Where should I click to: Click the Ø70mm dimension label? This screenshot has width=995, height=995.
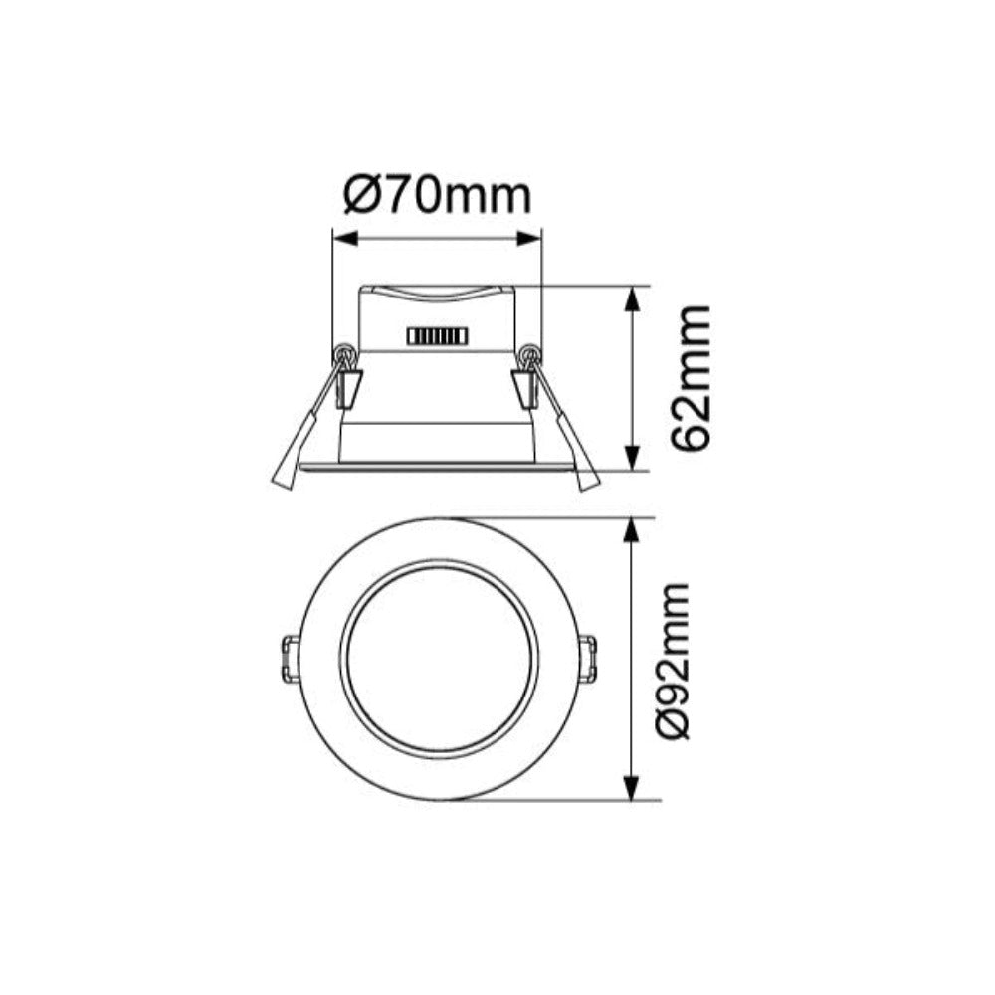(x=437, y=196)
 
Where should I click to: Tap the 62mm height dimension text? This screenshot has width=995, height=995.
(x=691, y=377)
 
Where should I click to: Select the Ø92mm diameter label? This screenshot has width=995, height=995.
(x=673, y=660)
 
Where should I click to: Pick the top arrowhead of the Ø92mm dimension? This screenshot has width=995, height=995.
(x=631, y=528)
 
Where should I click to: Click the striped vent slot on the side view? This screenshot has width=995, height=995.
(x=436, y=337)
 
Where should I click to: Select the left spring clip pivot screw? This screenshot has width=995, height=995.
(x=345, y=353)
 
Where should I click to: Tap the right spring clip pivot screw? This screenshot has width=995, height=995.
(x=530, y=353)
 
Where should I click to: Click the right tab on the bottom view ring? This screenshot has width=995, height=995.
(x=588, y=660)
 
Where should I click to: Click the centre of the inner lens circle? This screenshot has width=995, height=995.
(x=439, y=660)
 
